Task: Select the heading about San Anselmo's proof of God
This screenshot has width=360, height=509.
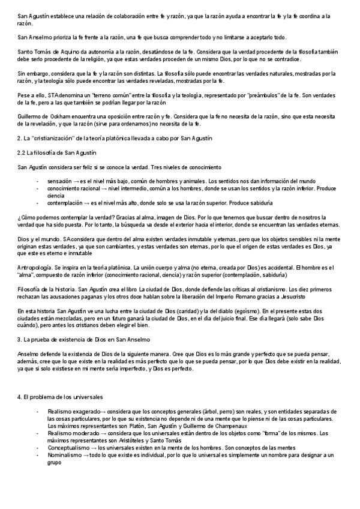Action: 82,339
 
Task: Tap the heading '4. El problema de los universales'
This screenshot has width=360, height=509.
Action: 52,397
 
